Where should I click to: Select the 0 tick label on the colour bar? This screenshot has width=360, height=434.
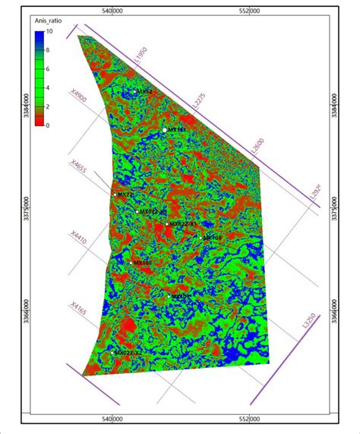coord(48,125)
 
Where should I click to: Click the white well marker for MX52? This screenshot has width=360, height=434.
coord(135,92)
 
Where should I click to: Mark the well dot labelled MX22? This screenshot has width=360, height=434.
coord(115,195)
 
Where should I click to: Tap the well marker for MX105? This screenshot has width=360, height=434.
coord(201,237)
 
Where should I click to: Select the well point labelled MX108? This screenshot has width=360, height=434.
coord(131,263)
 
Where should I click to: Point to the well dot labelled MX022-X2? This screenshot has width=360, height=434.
coord(113,353)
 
